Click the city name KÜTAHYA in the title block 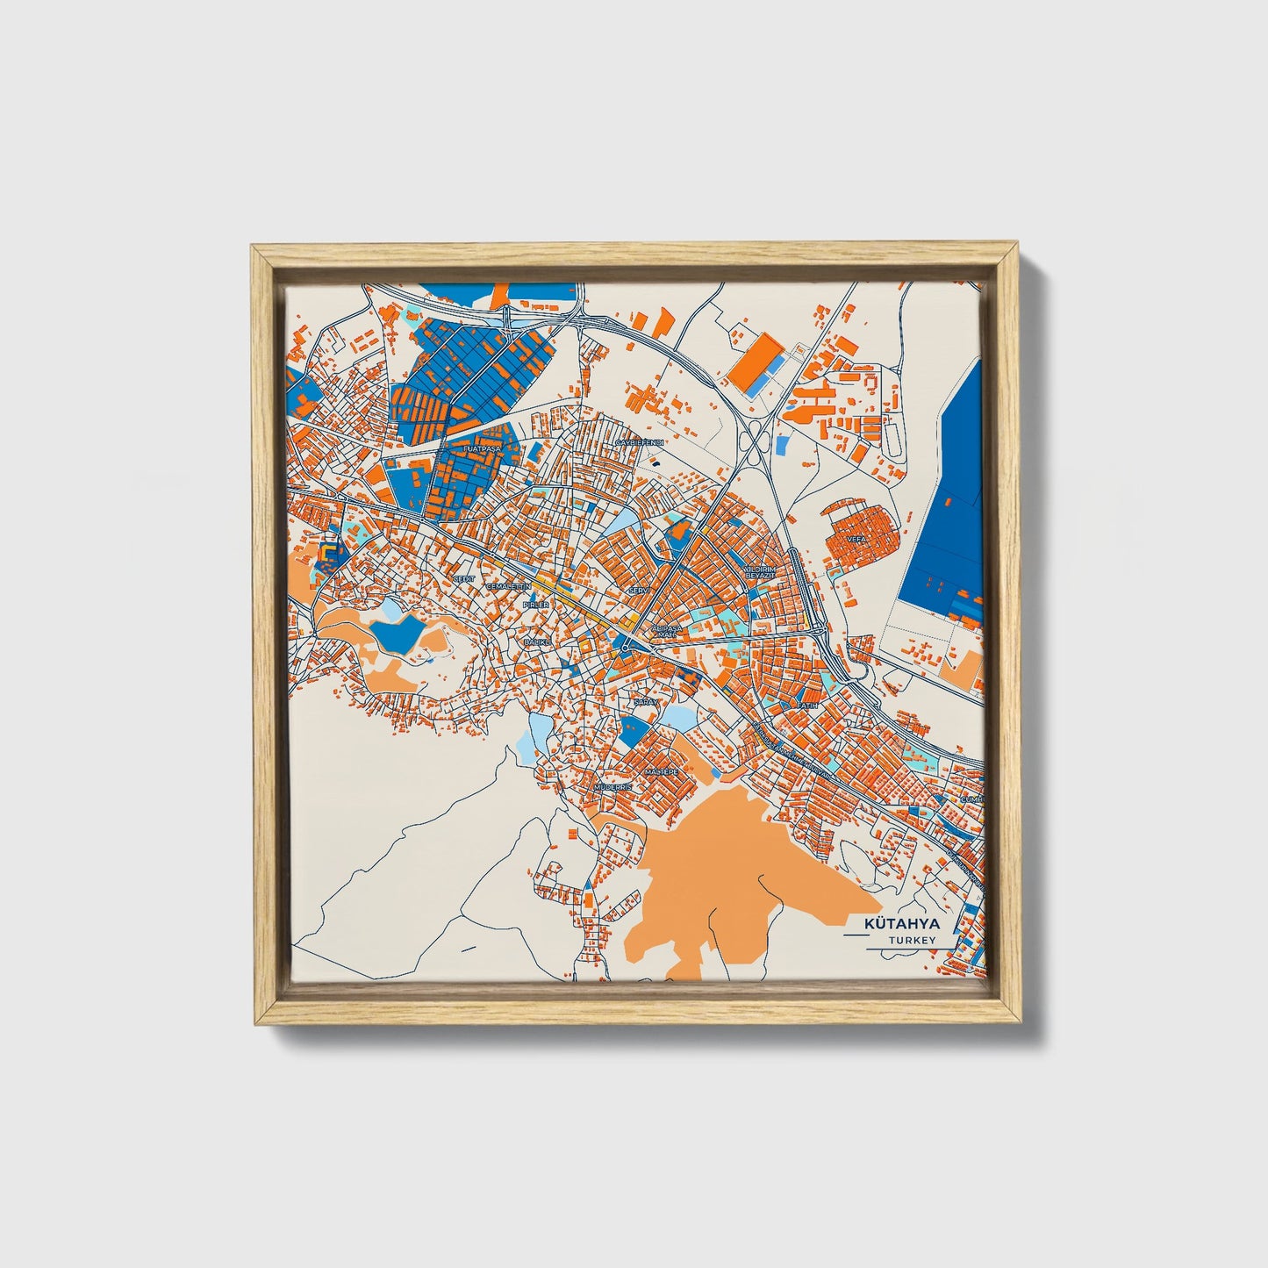point(901,924)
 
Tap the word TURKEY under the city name point(911,940)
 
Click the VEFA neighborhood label point(856,539)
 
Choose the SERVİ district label point(638,591)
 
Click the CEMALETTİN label point(508,585)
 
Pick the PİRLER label point(535,605)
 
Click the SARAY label point(646,702)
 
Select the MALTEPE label point(661,771)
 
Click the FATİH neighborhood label point(806,705)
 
